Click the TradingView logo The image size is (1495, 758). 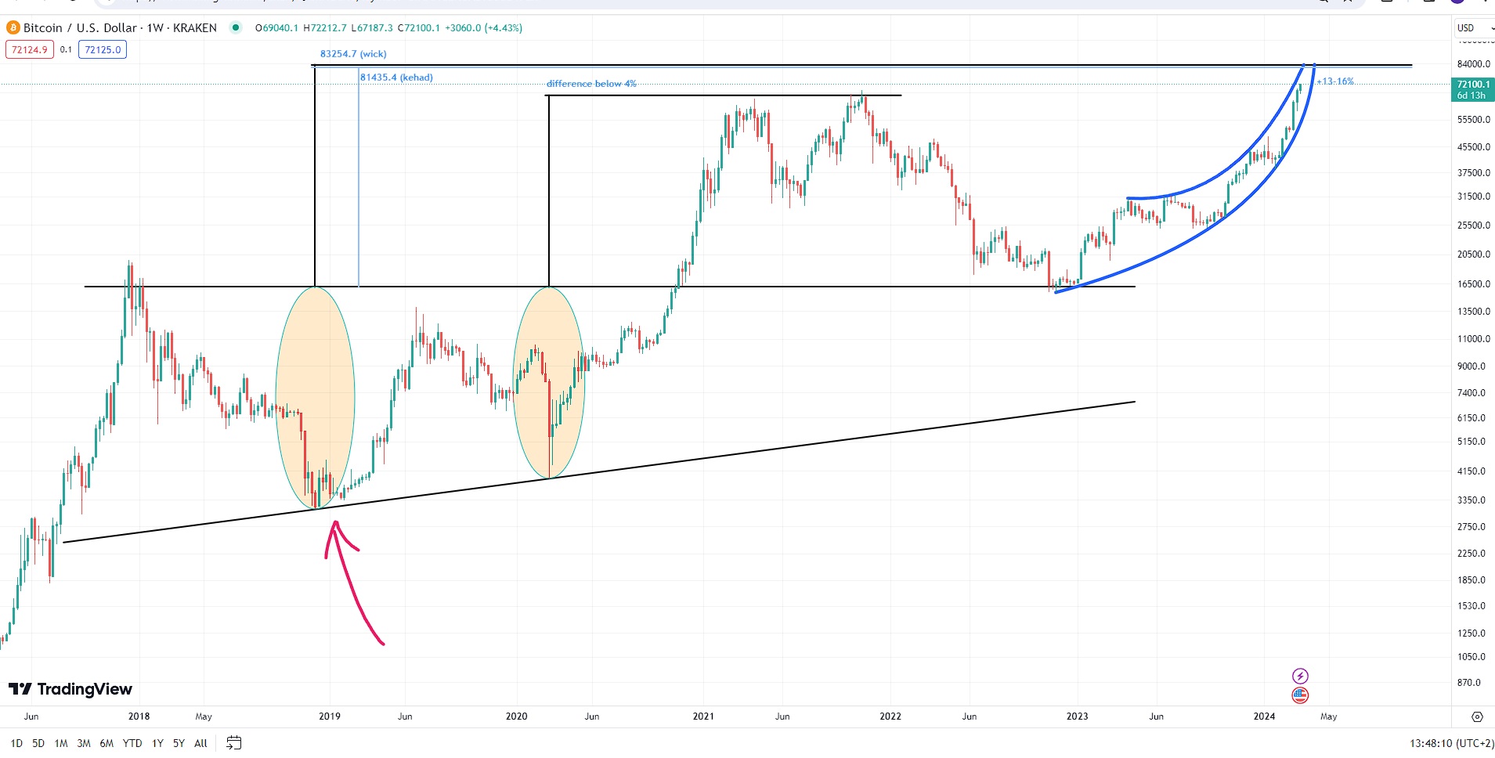click(x=70, y=689)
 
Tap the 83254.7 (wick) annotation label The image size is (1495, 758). click(x=353, y=54)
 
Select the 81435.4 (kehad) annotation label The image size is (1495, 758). click(x=396, y=78)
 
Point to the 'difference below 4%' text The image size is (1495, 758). click(x=591, y=84)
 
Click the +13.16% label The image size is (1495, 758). click(x=1335, y=81)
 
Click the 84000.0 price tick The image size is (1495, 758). click(x=1473, y=64)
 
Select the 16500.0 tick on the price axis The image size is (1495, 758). click(x=1473, y=284)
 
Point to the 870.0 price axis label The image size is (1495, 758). click(x=1469, y=683)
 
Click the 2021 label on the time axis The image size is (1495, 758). click(x=703, y=716)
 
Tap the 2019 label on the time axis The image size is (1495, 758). click(x=330, y=716)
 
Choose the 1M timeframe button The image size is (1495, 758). click(x=61, y=743)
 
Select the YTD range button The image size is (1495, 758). click(x=132, y=743)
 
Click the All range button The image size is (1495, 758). click(x=200, y=743)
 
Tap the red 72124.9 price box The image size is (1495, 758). click(x=30, y=50)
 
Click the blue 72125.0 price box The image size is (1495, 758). click(x=103, y=50)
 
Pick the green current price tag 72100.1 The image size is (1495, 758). click(x=1472, y=89)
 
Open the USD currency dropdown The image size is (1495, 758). click(x=1472, y=28)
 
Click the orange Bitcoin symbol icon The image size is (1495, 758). click(x=13, y=28)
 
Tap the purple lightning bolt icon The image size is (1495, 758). click(x=1300, y=676)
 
